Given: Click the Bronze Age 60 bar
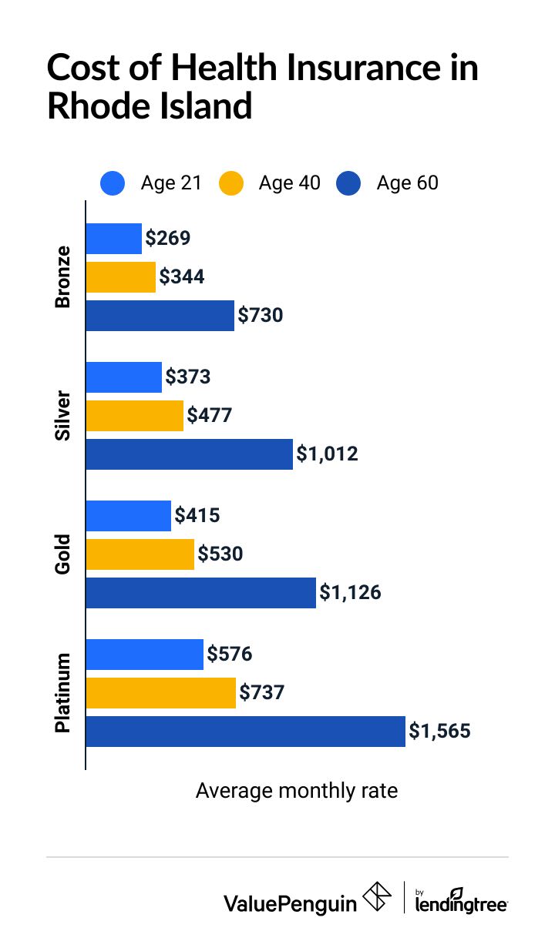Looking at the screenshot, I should pos(160,316).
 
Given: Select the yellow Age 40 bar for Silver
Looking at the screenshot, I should pos(135,416).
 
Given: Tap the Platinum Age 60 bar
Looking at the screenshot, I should pos(245,732).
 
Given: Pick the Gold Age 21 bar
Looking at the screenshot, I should pos(128,516).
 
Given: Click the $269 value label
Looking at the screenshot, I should pos(167,238).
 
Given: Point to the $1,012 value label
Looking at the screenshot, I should pos(328,454).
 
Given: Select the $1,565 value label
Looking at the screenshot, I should pos(439,732).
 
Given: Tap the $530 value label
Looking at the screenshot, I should pos(220,554).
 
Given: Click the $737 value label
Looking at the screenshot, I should pos(262,693).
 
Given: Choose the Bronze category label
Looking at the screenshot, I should pos(62,277).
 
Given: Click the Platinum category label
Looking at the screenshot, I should pos(62,693).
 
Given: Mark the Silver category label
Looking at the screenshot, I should pos(62,416).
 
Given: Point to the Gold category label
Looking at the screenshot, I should pos(62,554).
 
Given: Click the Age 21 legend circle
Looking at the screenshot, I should pos(113,184).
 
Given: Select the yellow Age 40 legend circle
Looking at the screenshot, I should pos(230,184).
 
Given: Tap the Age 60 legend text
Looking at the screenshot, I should pos(407,183).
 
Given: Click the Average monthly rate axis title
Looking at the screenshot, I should pos(297,791).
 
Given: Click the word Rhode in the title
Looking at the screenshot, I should pos(101,105).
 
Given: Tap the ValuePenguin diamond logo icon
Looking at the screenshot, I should pos(377,898).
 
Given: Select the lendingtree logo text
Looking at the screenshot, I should pos(461,903).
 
